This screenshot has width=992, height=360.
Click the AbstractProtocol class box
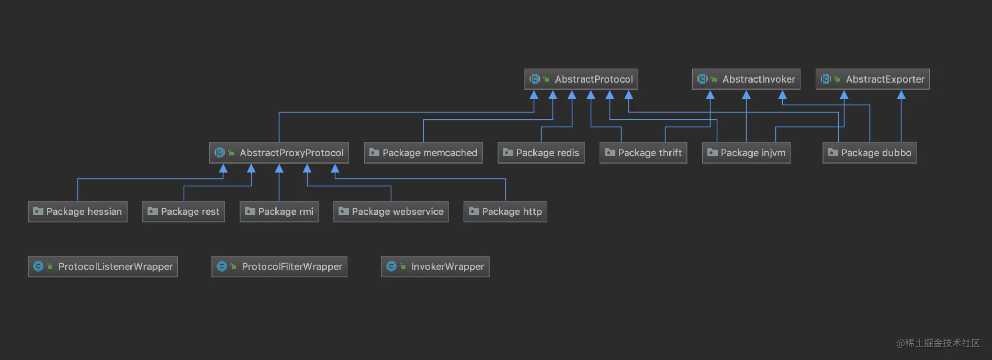tap(581, 80)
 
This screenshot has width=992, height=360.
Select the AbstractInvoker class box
tap(746, 80)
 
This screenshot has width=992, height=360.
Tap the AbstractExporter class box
tap(873, 80)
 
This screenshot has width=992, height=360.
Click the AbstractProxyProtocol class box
tap(279, 153)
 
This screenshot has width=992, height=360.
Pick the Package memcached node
tap(423, 153)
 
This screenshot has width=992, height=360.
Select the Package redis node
tap(541, 153)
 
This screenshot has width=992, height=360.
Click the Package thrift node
tap(643, 153)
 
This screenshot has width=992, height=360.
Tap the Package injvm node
tap(746, 153)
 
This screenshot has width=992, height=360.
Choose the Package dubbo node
tap(870, 153)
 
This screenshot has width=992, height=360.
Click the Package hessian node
tap(77, 211)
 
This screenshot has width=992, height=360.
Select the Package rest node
tap(184, 211)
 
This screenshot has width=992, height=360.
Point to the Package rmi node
tap(279, 211)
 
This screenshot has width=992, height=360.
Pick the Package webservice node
tap(391, 211)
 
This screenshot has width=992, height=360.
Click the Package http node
tap(505, 211)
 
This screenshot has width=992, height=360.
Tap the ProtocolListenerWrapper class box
tap(103, 266)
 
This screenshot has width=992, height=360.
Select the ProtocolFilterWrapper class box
tap(279, 266)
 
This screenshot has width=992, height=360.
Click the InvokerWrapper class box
tap(435, 266)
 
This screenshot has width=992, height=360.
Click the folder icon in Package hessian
tap(38, 211)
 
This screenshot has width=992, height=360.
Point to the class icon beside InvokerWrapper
tap(391, 266)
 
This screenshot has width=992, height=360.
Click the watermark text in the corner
tap(938, 343)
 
